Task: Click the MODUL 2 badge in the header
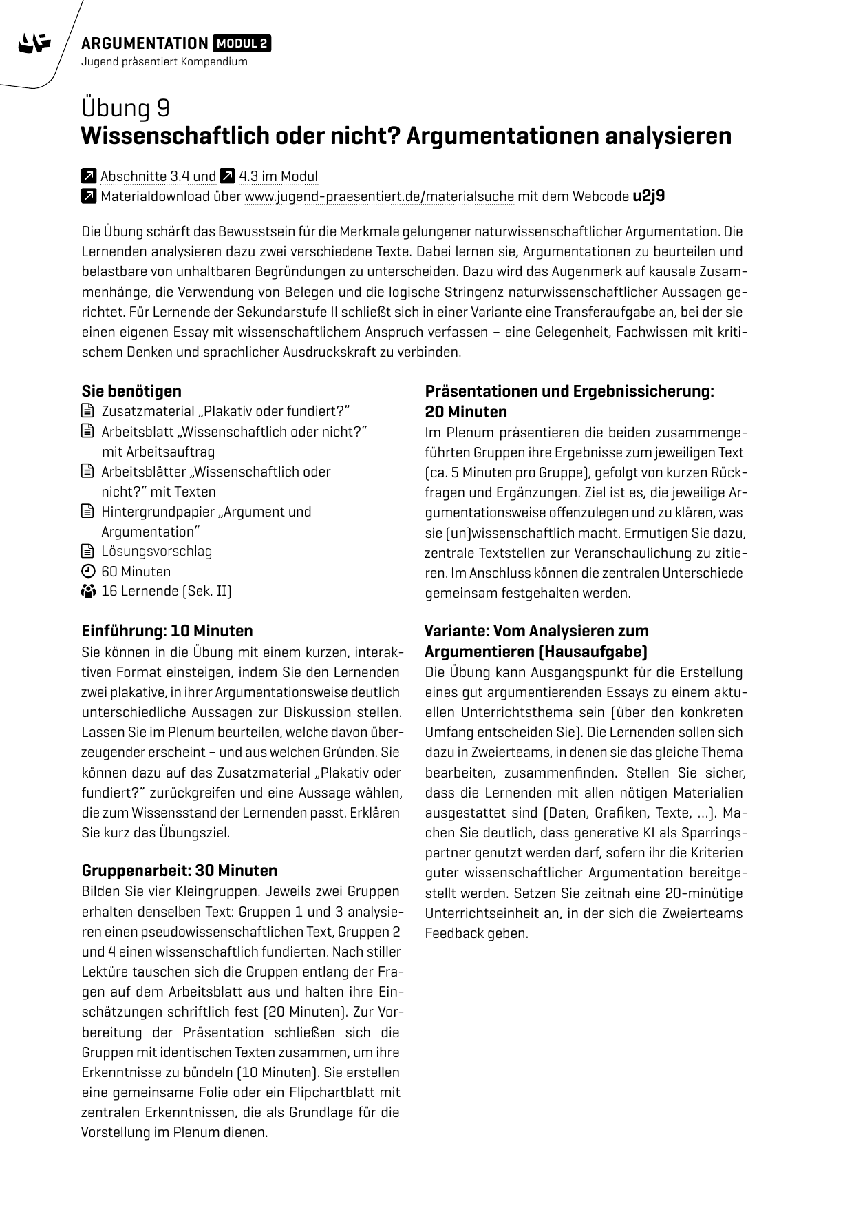pos(242,43)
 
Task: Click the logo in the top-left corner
pos(34,44)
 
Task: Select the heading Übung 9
pos(125,108)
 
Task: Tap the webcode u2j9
pos(648,196)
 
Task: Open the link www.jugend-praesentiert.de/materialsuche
pos(379,196)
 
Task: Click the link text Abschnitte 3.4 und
pos(158,176)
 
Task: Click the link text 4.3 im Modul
pos(278,176)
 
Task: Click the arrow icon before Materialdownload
pos(88,196)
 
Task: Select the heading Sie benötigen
pos(131,391)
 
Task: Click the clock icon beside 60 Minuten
pos(87,572)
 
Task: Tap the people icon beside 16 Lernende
pos(87,592)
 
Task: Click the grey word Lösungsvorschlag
pos(156,551)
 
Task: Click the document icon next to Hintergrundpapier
pos(87,512)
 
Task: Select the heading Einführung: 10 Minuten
pos(167,631)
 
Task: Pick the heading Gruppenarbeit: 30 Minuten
pos(179,870)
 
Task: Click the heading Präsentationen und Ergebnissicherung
pos(569,391)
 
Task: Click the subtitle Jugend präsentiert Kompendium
pos(164,62)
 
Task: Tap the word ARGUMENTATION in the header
pos(145,43)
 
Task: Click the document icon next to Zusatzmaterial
pos(87,412)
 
